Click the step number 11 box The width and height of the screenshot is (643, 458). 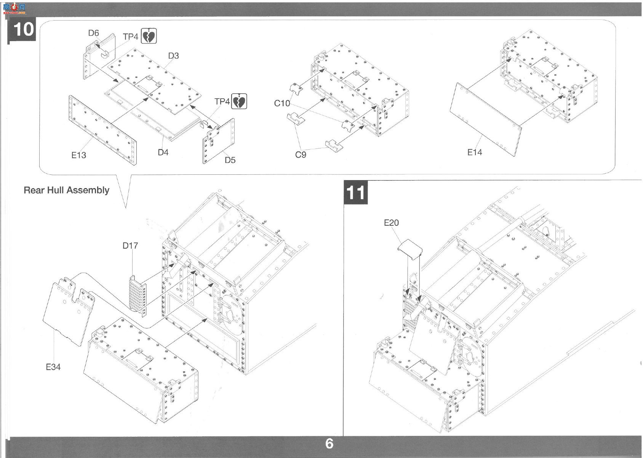[356, 192]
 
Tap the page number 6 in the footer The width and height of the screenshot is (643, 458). [329, 444]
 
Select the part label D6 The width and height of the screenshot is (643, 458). [94, 33]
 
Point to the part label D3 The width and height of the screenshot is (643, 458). [173, 56]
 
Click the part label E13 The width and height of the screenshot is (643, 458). [78, 155]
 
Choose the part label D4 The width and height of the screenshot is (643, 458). [163, 152]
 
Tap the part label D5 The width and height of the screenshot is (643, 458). [230, 160]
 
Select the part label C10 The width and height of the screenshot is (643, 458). [282, 103]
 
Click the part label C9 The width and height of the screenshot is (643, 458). [301, 155]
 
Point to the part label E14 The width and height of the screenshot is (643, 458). [475, 152]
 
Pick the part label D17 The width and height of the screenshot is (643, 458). [130, 246]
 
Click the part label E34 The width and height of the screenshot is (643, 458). [53, 367]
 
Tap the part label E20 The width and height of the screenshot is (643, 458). [391, 223]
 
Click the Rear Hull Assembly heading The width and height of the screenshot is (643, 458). [66, 190]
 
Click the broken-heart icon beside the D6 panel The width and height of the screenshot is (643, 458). [149, 36]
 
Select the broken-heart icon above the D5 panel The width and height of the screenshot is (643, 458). [239, 101]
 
